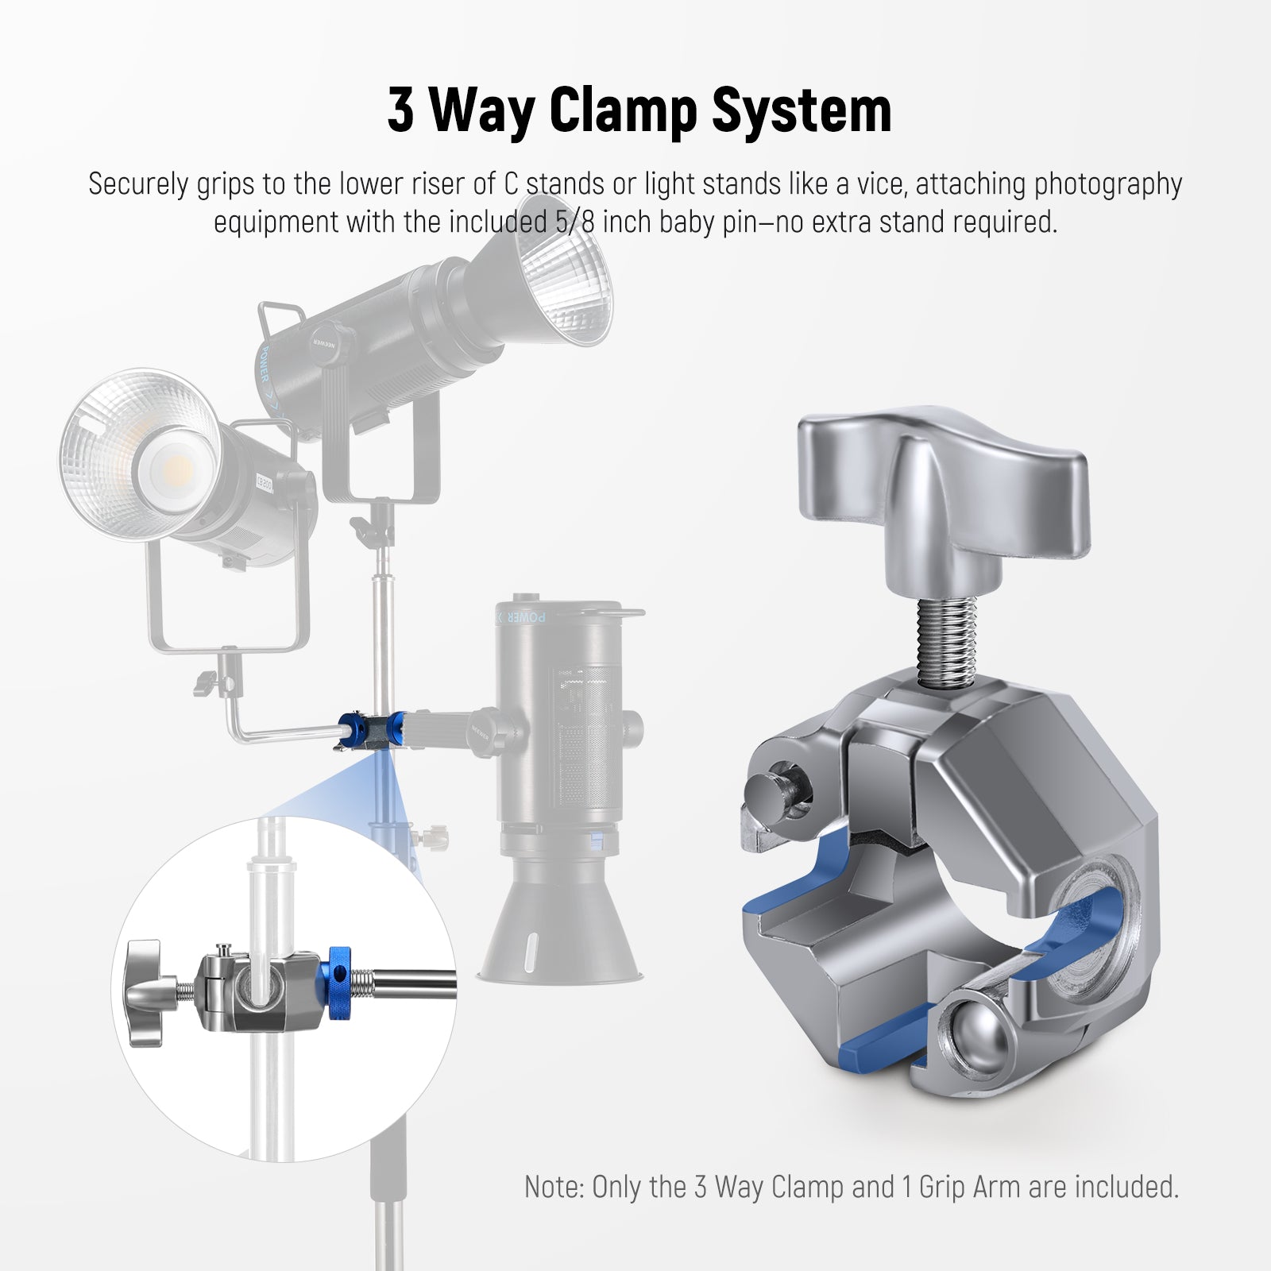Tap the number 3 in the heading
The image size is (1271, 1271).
tap(401, 110)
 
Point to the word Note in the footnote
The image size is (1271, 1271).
tap(554, 1187)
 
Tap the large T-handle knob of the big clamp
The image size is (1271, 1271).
tap(943, 477)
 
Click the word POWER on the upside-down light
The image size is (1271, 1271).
tap(525, 616)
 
